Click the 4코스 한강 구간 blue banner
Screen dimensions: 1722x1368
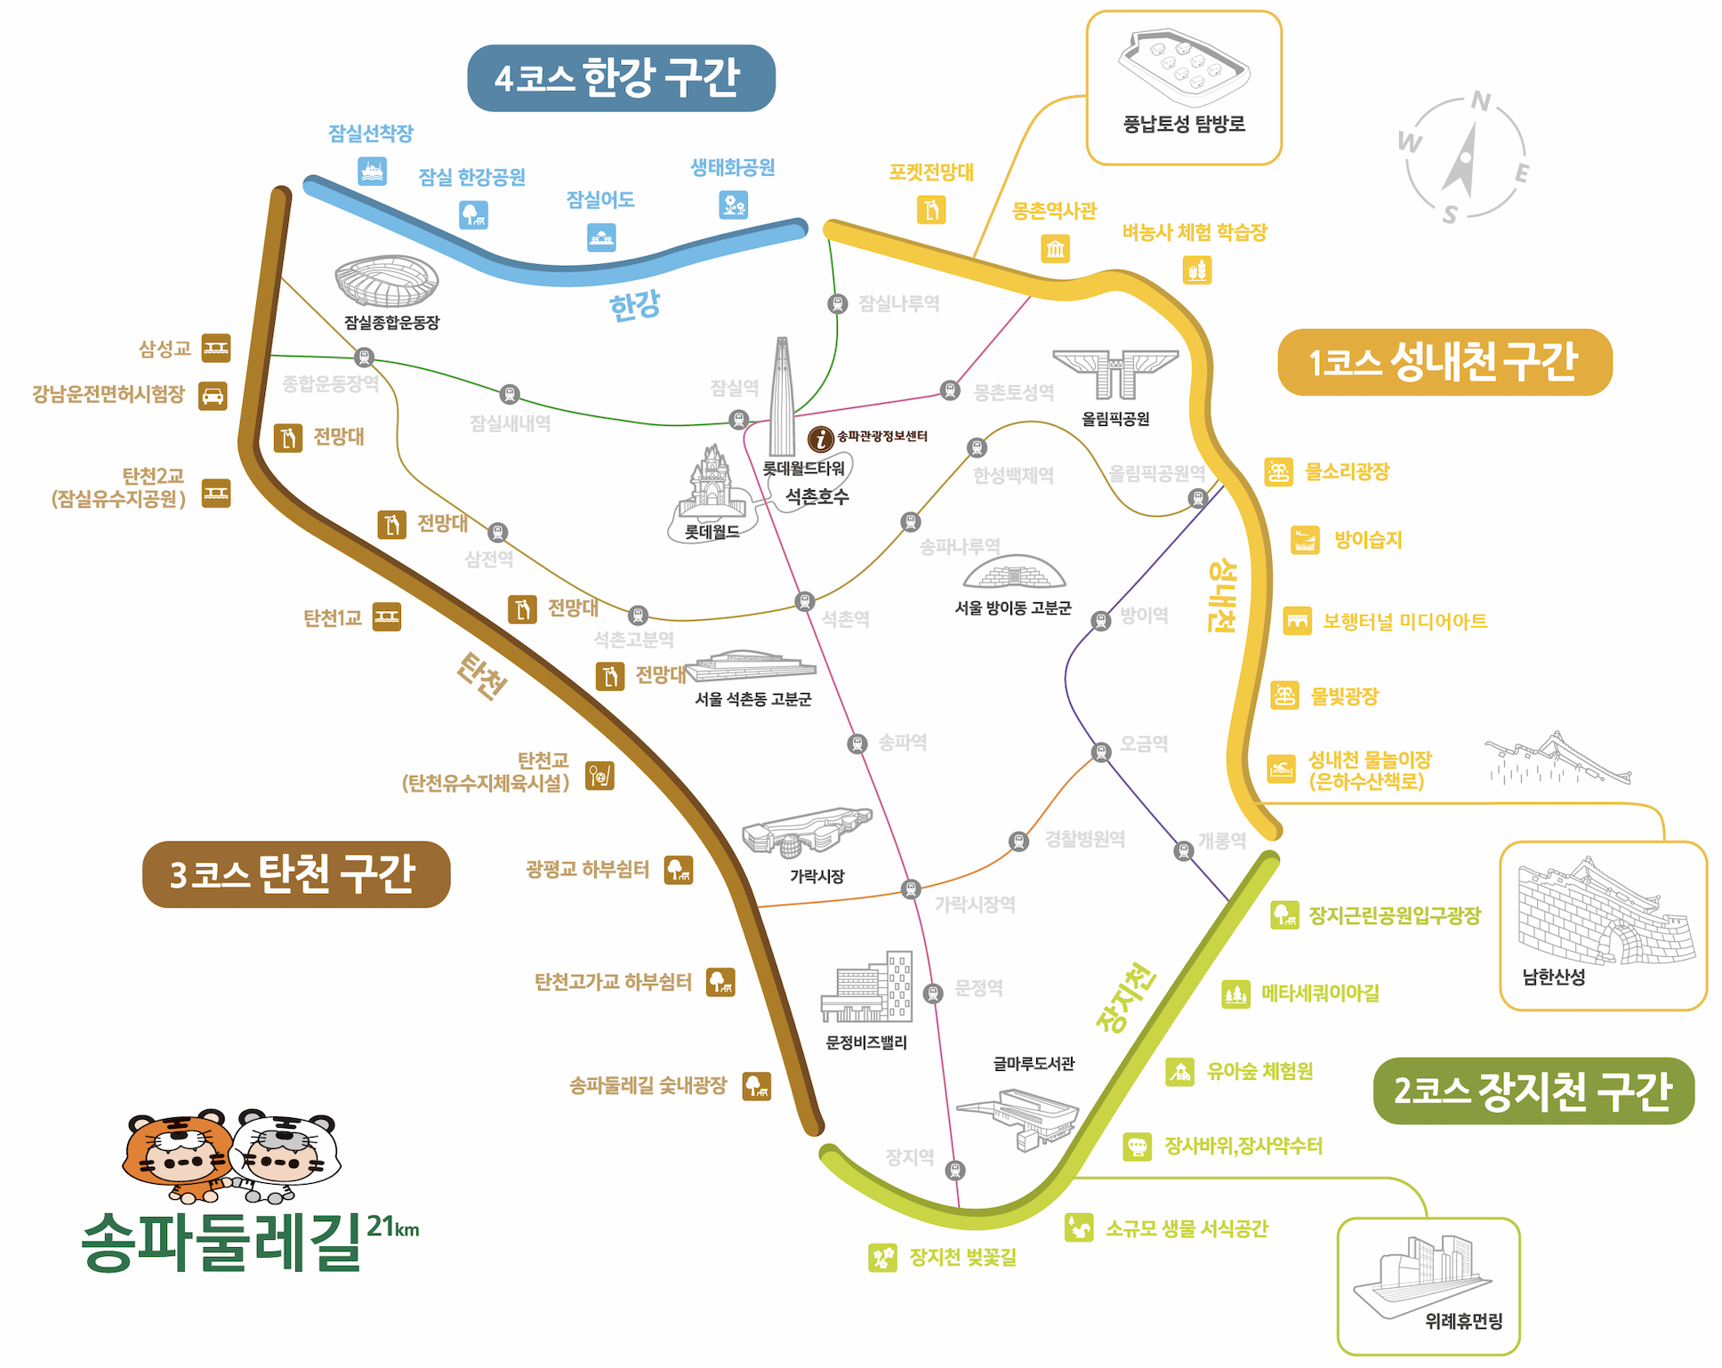[621, 78]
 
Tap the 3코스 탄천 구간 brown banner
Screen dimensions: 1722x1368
[296, 874]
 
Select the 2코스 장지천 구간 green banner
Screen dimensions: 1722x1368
[1533, 1090]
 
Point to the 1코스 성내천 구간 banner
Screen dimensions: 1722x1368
[1444, 362]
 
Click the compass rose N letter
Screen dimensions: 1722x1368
[1480, 101]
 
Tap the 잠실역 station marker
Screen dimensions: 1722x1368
[738, 419]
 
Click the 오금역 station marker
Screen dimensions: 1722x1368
[1101, 752]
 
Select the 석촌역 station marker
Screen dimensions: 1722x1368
[804, 602]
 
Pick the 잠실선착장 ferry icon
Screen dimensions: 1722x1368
[372, 171]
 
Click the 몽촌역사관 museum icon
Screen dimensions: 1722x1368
[1055, 248]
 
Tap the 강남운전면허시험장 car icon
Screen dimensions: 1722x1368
[213, 396]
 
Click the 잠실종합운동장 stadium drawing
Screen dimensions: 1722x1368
[387, 281]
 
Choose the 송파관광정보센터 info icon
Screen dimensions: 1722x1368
[820, 438]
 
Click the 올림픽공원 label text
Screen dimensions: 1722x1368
[1115, 419]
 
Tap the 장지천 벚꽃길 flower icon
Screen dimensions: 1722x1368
[882, 1257]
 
